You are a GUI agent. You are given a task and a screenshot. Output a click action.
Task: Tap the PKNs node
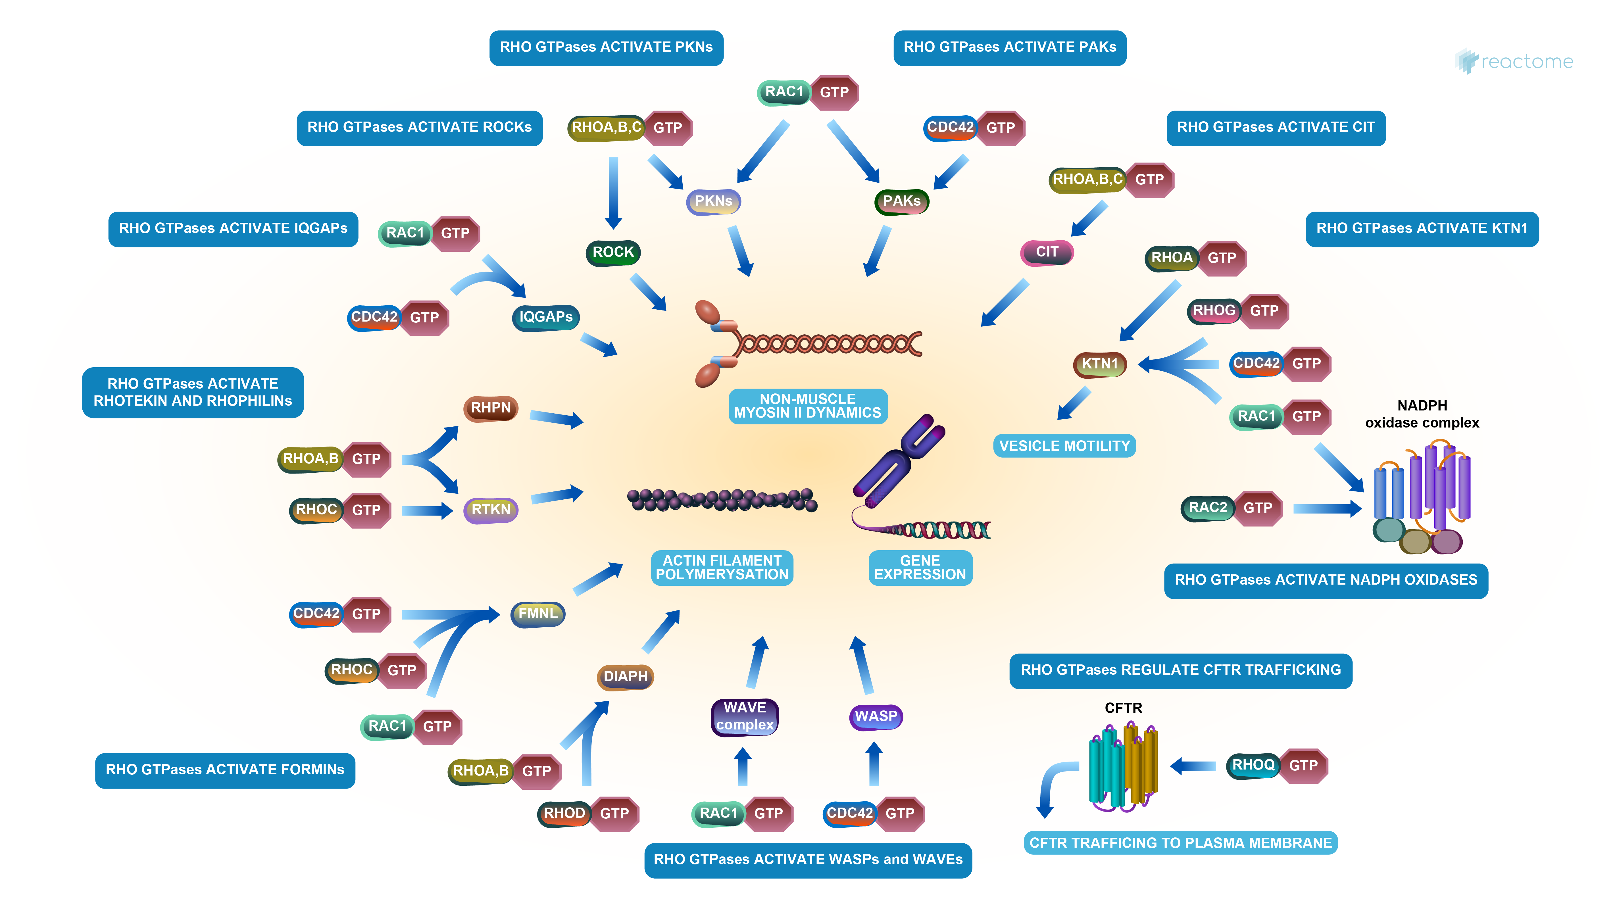point(714,201)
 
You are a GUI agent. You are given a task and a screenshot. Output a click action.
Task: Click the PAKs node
point(901,201)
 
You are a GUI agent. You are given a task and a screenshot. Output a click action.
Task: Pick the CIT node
point(1046,252)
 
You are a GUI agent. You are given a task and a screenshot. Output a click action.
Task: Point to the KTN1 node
point(1100,364)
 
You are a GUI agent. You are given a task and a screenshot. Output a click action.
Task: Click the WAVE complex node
point(745,716)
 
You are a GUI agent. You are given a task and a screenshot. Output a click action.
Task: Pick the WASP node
point(876,716)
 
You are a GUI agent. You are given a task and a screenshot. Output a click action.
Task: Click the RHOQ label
point(1253,765)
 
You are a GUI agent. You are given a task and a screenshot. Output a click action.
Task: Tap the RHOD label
point(564,814)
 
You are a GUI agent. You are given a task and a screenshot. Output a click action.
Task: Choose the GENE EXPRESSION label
point(920,568)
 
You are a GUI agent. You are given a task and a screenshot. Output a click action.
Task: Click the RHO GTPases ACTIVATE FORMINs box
point(225,770)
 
